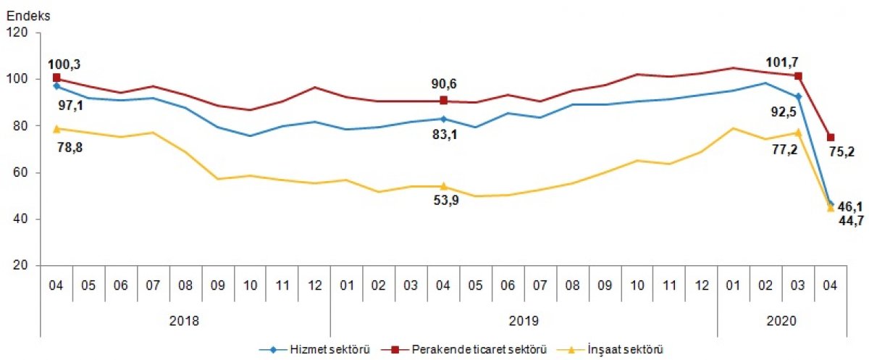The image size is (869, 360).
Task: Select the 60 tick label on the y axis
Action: point(22,173)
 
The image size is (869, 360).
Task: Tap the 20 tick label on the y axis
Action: point(22,266)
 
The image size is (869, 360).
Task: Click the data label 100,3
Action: point(64,65)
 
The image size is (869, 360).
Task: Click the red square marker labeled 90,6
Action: point(443,101)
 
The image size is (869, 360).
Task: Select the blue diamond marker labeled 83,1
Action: point(443,118)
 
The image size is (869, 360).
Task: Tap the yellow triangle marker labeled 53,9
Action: point(443,186)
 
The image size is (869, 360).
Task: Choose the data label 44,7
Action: point(851,220)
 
